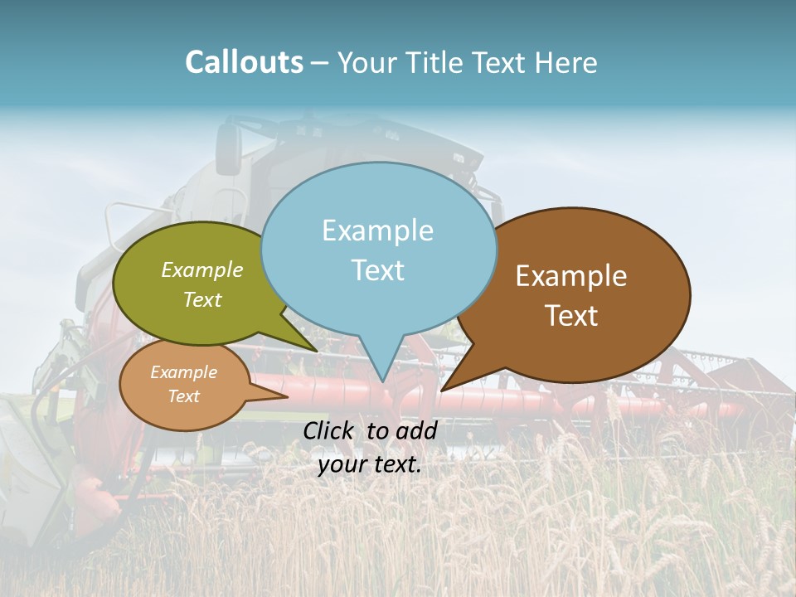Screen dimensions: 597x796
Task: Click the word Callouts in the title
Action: coord(244,62)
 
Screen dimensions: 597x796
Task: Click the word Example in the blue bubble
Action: coord(377,231)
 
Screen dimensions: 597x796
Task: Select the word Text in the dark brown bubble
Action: coord(571,316)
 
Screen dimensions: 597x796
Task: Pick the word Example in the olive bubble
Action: coord(202,270)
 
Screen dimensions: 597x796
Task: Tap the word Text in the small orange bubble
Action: coord(184,396)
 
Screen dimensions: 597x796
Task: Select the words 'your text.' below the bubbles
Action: coord(369,464)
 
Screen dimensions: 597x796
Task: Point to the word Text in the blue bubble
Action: coord(378,270)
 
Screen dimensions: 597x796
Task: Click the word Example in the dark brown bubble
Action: coord(571,276)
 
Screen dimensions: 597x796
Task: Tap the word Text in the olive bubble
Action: coord(202,300)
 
